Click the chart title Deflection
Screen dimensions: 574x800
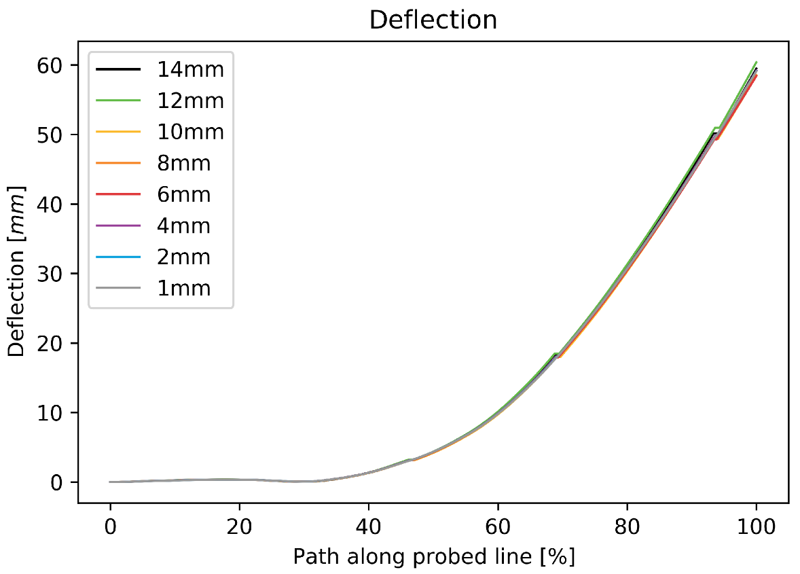pyautogui.click(x=433, y=20)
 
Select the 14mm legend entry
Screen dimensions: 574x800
pyautogui.click(x=190, y=69)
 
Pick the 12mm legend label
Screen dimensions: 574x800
pyautogui.click(x=190, y=101)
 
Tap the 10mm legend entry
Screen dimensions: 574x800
pyautogui.click(x=190, y=132)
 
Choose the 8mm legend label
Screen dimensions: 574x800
pyautogui.click(x=183, y=163)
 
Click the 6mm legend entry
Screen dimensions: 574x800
pyautogui.click(x=183, y=194)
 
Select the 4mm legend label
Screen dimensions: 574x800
pyautogui.click(x=183, y=226)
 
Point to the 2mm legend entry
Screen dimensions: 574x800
pyautogui.click(x=183, y=257)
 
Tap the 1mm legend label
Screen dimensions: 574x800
pyautogui.click(x=183, y=288)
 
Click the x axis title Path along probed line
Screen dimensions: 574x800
pyautogui.click(x=433, y=557)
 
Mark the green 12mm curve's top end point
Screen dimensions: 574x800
pyautogui.click(x=756, y=62)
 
